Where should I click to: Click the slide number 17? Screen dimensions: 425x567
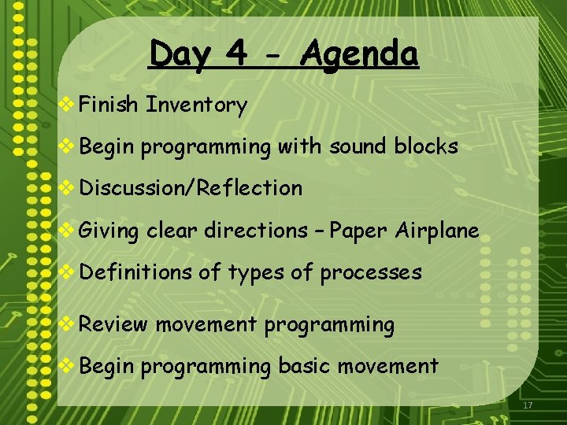[528, 405]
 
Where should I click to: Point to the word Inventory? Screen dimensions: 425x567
[197, 105]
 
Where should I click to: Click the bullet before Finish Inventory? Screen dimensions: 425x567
[68, 105]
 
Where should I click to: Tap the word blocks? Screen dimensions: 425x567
[429, 146]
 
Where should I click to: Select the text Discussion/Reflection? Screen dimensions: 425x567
[191, 188]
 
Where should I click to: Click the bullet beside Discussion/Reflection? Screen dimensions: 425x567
[68, 188]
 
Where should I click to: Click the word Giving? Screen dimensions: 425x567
[109, 231]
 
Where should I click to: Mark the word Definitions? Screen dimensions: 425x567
[135, 272]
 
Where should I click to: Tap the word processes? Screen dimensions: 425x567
[371, 272]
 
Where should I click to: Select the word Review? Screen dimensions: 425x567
[113, 324]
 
